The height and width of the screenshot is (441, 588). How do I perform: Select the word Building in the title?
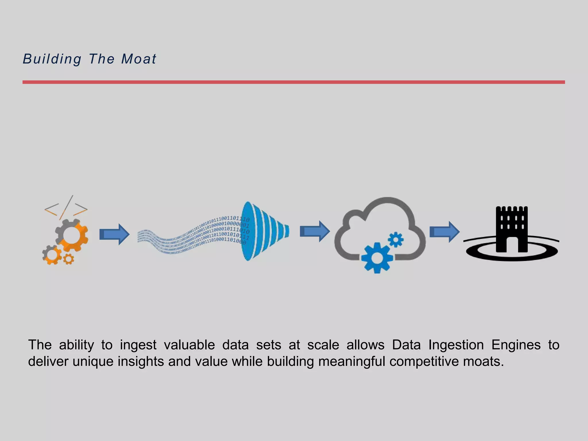point(52,59)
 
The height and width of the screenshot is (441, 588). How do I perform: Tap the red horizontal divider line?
point(293,82)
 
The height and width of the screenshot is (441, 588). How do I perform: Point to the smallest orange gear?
point(68,259)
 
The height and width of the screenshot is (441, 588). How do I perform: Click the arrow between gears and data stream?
point(114,234)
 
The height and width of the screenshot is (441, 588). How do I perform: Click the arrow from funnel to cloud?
point(314,231)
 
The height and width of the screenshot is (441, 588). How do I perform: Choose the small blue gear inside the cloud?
point(396,239)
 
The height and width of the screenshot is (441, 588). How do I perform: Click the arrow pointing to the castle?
point(444,232)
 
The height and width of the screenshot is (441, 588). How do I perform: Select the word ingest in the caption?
point(138,345)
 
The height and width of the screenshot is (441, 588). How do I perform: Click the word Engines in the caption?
point(516,345)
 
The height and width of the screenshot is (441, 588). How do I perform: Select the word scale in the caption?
point(323,345)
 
